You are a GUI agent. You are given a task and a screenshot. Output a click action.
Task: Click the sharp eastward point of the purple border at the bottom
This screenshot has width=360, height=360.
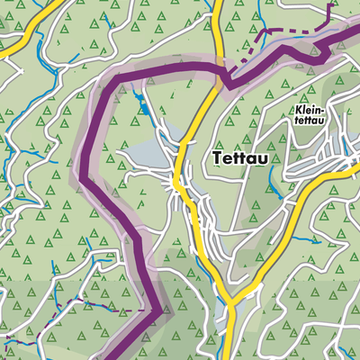click(x=162, y=311)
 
